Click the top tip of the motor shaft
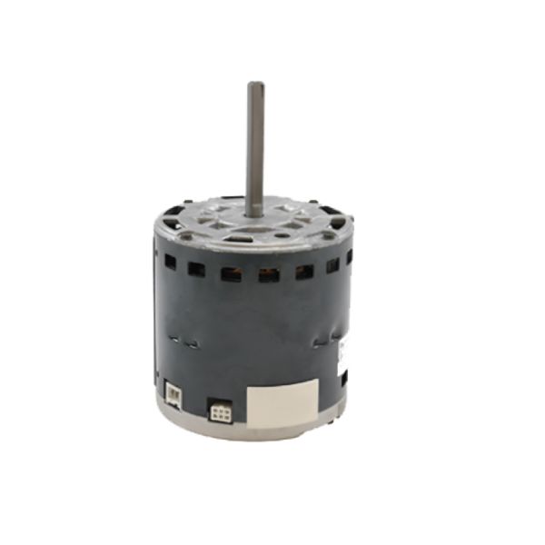coord(255,85)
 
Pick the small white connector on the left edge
coord(173,392)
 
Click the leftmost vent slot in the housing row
coord(170,261)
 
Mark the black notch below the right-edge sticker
coord(343,375)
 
